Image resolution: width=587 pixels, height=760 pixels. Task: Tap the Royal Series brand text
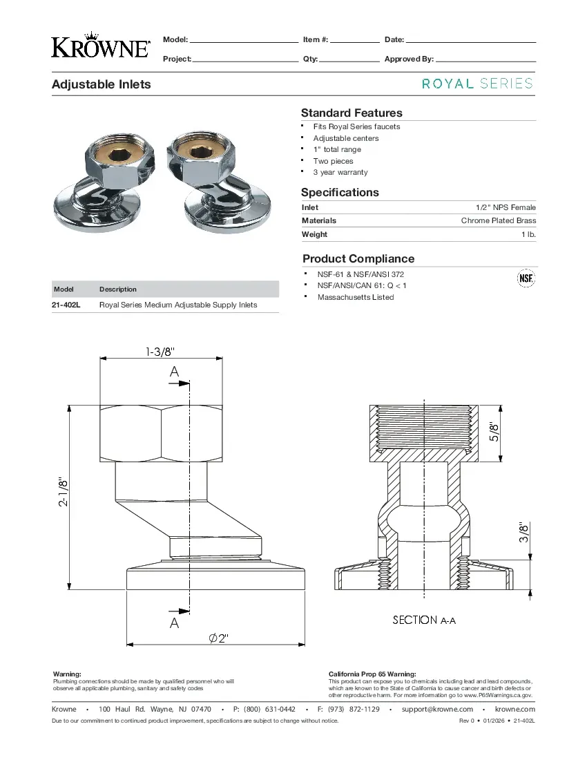point(477,84)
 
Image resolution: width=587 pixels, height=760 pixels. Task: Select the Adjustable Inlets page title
point(102,84)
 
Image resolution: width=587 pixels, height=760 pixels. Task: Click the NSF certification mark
point(526,278)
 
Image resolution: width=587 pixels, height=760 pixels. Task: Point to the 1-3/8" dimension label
point(164,352)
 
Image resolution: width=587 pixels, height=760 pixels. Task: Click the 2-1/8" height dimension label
point(64,492)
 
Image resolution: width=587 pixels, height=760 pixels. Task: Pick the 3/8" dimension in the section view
point(524,533)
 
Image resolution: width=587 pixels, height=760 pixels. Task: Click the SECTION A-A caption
point(424,620)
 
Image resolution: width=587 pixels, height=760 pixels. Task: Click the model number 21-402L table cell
point(66,305)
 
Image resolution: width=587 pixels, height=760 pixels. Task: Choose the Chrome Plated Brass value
point(498,221)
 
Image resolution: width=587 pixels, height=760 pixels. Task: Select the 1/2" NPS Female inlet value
point(506,207)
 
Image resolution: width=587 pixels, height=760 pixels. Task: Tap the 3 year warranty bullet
point(340,172)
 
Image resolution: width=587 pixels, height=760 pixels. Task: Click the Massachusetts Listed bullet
point(355,297)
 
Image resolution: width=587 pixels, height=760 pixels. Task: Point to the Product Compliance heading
point(358,259)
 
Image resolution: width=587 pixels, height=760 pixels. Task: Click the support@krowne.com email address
point(437,710)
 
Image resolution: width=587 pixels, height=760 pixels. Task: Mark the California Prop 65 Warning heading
point(372,674)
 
